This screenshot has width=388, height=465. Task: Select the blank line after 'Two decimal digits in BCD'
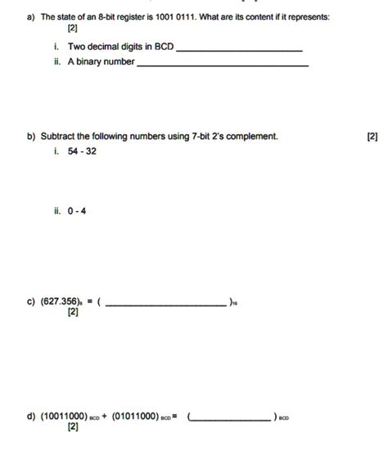click(239, 51)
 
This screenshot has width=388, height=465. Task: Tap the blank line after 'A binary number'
click(223, 65)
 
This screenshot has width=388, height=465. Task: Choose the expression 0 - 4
click(77, 210)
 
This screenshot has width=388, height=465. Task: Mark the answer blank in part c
click(167, 305)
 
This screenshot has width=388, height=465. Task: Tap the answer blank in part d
click(232, 419)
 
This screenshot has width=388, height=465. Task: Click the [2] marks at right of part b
click(372, 137)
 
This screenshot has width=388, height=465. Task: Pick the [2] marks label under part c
click(73, 313)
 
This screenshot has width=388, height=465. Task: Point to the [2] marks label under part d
click(73, 427)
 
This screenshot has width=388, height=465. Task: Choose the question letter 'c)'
click(29, 301)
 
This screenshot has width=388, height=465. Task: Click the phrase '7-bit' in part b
click(201, 137)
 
